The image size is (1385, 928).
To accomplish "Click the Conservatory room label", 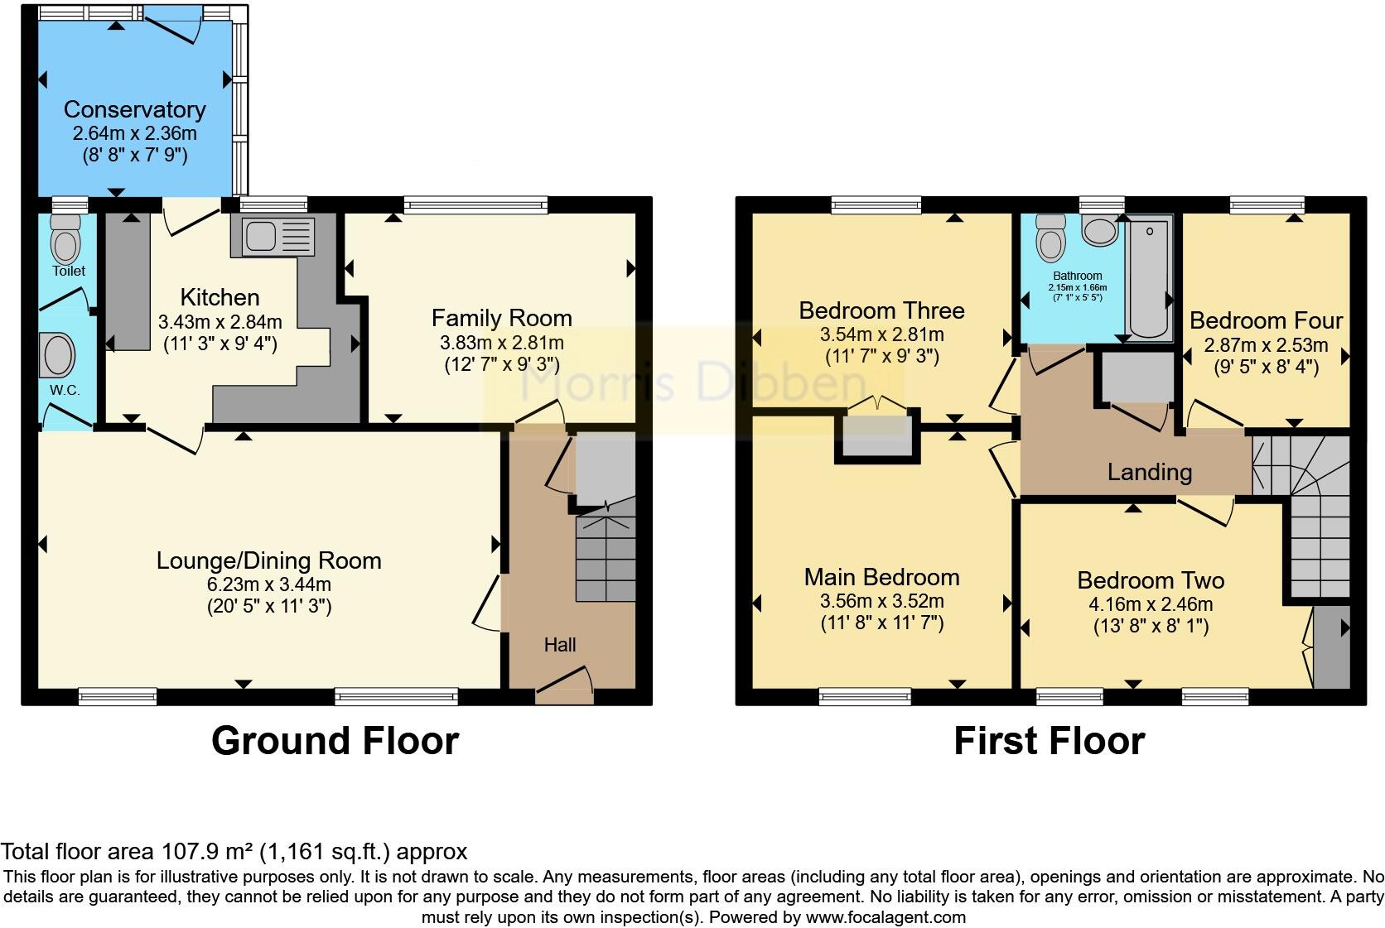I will [x=134, y=109].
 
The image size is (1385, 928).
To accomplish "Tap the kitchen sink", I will [x=267, y=234].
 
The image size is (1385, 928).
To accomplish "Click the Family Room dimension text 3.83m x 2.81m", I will [x=501, y=343].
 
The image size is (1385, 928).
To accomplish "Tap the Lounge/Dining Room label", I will [x=268, y=560].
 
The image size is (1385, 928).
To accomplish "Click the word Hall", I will [x=560, y=645].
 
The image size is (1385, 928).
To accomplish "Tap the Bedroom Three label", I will [x=881, y=310].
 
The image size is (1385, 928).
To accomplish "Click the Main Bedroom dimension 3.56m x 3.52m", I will [x=881, y=601].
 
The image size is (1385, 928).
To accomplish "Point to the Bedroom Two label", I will [x=1150, y=580].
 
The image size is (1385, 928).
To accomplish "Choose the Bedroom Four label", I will [x=1266, y=320].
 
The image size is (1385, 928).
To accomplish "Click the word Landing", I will [x=1150, y=472].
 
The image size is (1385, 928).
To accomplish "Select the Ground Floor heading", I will [x=335, y=740].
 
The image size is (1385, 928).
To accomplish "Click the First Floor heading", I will [x=1049, y=740].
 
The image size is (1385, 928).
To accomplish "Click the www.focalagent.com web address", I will [x=886, y=917].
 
